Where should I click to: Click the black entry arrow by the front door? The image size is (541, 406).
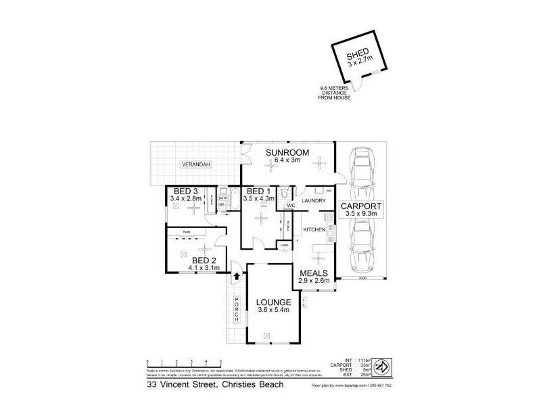pos(236,275)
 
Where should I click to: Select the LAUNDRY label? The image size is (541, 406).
pos(314,201)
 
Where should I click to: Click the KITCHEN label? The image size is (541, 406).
pos(314,231)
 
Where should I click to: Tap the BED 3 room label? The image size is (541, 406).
pos(185,191)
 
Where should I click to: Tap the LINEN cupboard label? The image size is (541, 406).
pos(285,244)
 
